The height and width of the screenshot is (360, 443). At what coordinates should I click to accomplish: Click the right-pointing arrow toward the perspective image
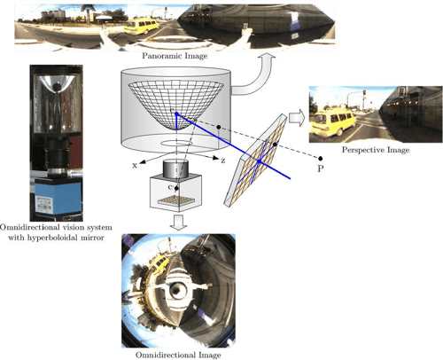click(x=296, y=116)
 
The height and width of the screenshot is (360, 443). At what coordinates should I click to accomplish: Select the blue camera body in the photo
click(x=56, y=195)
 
